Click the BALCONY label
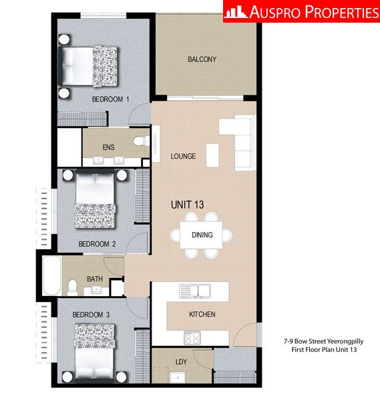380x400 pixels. pyautogui.click(x=202, y=59)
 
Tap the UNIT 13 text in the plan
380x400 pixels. pyautogui.click(x=187, y=205)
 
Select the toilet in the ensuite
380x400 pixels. pyautogui.click(x=141, y=141)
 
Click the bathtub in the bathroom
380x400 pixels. pyautogui.click(x=52, y=275)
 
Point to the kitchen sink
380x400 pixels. pyautogui.click(x=195, y=291)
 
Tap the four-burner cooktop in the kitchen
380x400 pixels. pyautogui.click(x=192, y=338)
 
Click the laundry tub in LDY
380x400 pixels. pyautogui.click(x=178, y=377)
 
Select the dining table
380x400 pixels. pyautogui.click(x=202, y=235)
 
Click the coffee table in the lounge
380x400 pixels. pyautogui.click(x=212, y=155)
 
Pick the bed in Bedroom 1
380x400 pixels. pyautogui.click(x=88, y=66)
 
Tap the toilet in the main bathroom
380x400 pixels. pyautogui.click(x=73, y=288)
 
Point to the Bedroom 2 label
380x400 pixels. pyautogui.click(x=97, y=244)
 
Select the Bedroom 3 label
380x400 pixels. pyautogui.click(x=91, y=315)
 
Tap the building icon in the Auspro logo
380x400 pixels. pyautogui.click(x=235, y=12)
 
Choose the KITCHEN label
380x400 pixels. pyautogui.click(x=202, y=314)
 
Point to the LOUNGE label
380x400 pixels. pyautogui.click(x=183, y=156)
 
